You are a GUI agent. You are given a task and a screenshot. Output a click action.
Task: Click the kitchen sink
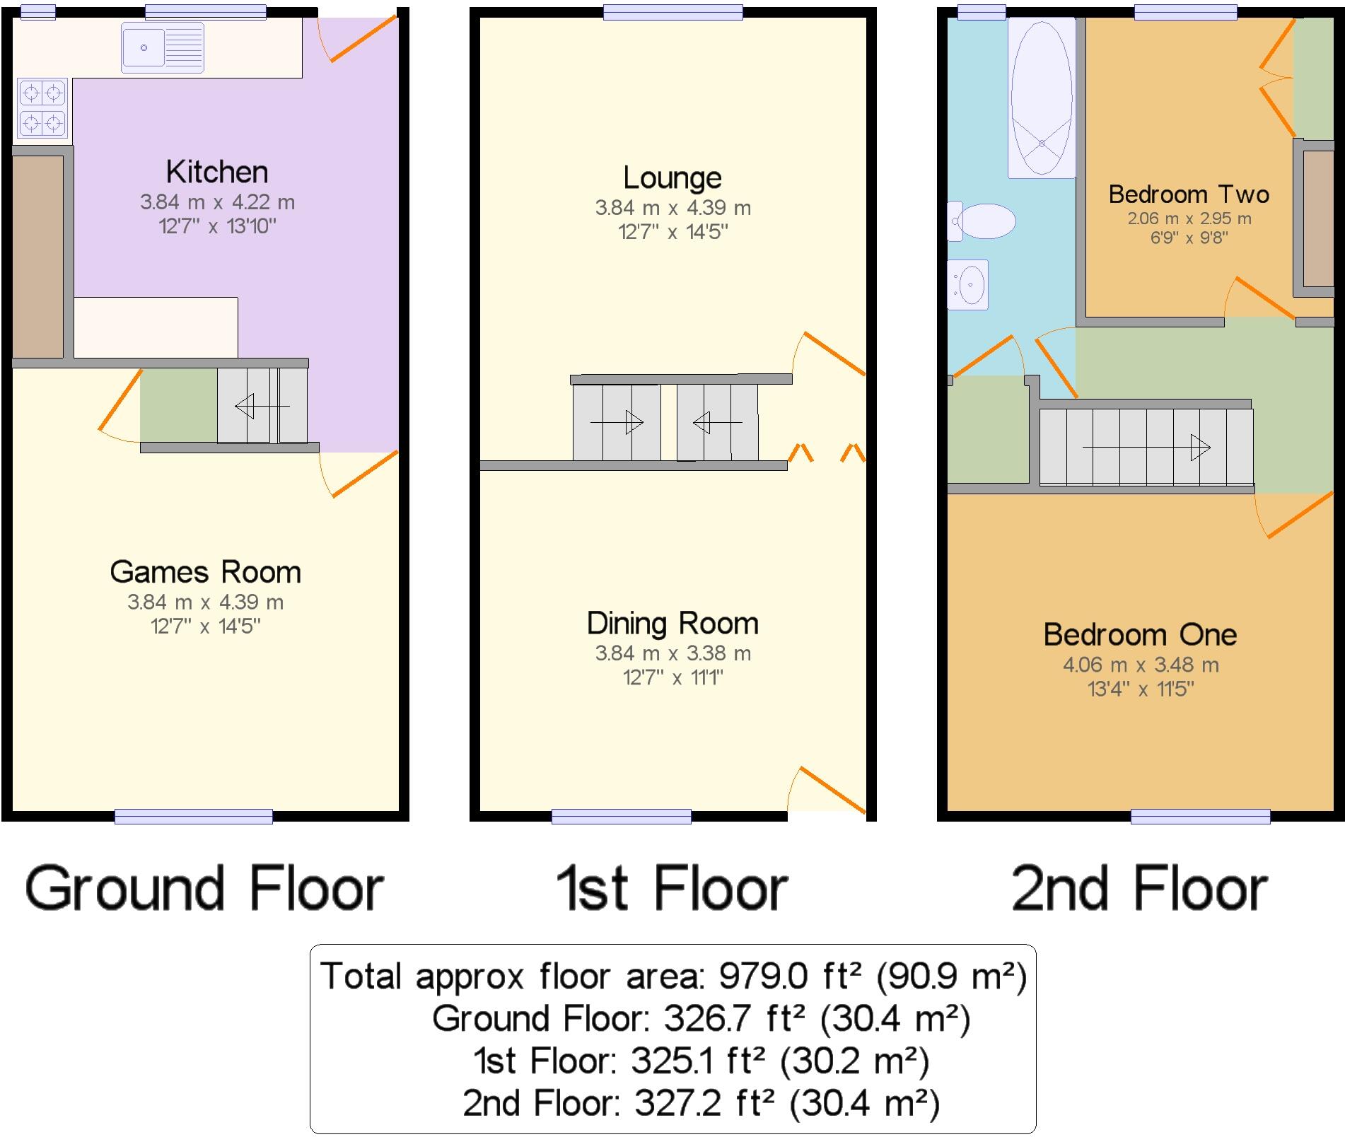point(163,47)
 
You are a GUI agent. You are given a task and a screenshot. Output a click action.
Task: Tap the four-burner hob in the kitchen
point(42,107)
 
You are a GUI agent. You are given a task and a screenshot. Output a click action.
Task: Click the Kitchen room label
point(217,172)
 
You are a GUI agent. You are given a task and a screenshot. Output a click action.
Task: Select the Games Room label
point(205,572)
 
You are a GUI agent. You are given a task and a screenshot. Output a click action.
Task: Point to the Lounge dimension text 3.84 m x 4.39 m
point(672,208)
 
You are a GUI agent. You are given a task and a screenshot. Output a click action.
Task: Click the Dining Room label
point(672,624)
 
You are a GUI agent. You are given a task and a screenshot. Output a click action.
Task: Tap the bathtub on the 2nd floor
point(1042,98)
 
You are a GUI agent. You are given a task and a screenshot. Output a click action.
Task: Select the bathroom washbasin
point(969,285)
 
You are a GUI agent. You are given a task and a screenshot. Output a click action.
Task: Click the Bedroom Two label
point(1189,194)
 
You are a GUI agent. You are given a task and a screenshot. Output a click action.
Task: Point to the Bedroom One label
point(1140,635)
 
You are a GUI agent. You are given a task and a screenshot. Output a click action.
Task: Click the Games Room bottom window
point(194,817)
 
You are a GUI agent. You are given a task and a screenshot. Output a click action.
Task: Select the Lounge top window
point(672,12)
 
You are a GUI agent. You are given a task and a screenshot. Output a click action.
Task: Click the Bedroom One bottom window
point(1200,817)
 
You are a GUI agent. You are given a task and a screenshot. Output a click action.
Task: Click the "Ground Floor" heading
point(204,889)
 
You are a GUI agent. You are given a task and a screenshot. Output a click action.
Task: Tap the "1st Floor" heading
point(672,889)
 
